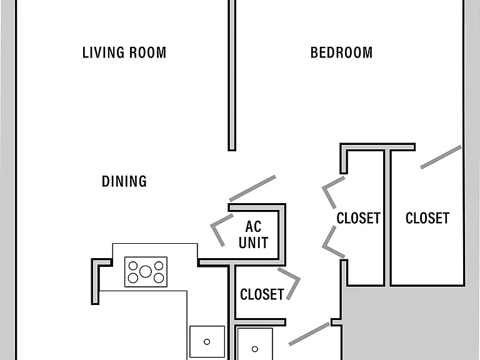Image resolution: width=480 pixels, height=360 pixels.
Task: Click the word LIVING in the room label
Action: tap(103, 52)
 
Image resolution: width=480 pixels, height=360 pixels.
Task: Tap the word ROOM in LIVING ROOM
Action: tap(148, 52)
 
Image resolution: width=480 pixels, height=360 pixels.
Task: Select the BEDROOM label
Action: tap(342, 52)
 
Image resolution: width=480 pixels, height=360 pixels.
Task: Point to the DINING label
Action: tap(124, 181)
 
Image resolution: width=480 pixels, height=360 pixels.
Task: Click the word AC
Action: tap(254, 227)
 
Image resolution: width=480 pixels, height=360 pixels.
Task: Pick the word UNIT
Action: tap(254, 242)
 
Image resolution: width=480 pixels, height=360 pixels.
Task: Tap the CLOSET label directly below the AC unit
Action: tap(262, 294)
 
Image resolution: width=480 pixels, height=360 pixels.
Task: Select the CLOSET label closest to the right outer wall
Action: tap(427, 218)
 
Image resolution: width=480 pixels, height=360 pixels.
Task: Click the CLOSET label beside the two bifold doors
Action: tap(359, 218)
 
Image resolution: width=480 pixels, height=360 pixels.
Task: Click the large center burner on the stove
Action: tap(146, 271)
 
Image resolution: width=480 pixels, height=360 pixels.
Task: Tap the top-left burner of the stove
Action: tap(133, 266)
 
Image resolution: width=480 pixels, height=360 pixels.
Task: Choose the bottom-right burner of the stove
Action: tap(159, 278)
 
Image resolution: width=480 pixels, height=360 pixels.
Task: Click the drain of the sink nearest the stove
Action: tap(207, 342)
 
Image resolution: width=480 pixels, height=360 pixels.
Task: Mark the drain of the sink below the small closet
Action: tap(255, 349)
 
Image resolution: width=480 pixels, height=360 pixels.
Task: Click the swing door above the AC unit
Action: tap(252, 188)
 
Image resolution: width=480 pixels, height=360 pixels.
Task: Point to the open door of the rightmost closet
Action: tap(441, 157)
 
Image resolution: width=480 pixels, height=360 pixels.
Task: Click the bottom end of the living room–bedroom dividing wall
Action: tap(232, 150)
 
